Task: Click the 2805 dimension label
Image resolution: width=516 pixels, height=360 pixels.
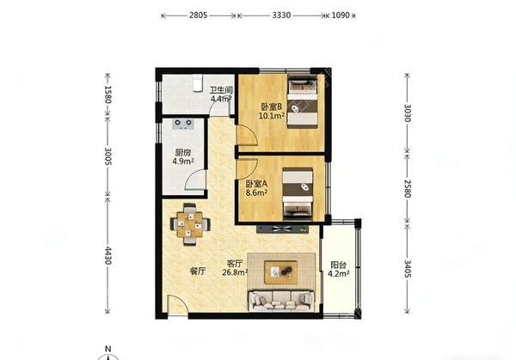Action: pyautogui.click(x=198, y=15)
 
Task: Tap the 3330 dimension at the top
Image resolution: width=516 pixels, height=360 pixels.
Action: pyautogui.click(x=281, y=15)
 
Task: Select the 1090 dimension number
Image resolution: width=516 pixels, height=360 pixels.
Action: pyautogui.click(x=341, y=15)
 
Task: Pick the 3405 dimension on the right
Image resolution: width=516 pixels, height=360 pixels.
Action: pyautogui.click(x=408, y=269)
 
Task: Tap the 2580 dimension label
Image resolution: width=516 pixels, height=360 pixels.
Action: pyautogui.click(x=408, y=188)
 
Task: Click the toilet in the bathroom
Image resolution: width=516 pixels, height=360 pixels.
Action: pyautogui.click(x=197, y=82)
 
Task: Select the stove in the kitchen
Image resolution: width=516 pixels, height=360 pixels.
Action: pyautogui.click(x=183, y=124)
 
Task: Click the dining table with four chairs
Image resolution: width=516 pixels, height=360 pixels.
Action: pyautogui.click(x=190, y=224)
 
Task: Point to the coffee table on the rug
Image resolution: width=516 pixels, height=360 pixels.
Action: pyautogui.click(x=281, y=272)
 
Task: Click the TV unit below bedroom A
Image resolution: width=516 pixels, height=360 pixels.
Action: pyautogui.click(x=283, y=229)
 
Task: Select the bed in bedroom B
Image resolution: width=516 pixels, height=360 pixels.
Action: pyautogui.click(x=303, y=102)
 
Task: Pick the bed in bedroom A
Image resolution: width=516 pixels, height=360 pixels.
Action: pyautogui.click(x=298, y=193)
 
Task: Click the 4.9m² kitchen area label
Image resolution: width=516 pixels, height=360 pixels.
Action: pyautogui.click(x=183, y=161)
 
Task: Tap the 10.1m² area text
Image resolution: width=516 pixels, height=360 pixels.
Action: pyautogui.click(x=272, y=116)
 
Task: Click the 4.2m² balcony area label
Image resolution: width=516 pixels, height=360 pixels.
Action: pyautogui.click(x=339, y=273)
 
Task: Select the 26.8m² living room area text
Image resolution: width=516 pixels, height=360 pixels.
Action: pyautogui.click(x=235, y=272)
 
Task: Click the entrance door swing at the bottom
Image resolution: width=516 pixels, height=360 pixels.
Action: pyautogui.click(x=178, y=305)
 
